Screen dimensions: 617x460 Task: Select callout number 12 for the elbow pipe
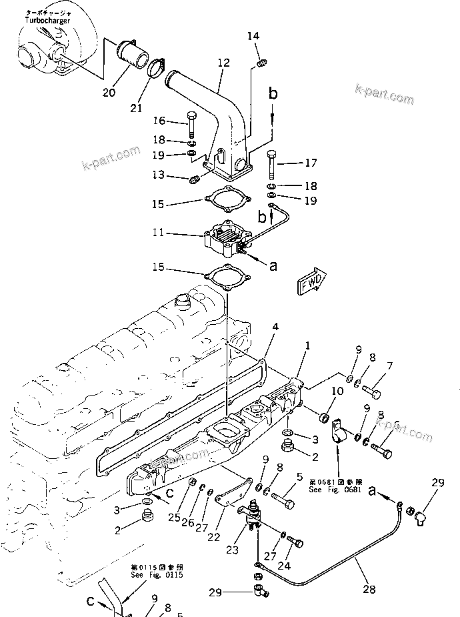tap(223, 63)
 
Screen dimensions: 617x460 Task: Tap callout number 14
tap(253, 35)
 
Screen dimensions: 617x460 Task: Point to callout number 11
tap(159, 233)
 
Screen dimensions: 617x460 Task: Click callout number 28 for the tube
tap(369, 590)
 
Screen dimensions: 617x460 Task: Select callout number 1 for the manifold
tap(307, 346)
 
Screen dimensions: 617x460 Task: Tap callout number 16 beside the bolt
tap(159, 121)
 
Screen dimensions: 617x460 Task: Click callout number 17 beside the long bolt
tap(311, 162)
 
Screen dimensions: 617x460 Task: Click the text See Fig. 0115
tap(157, 575)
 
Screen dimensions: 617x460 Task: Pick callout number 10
tap(337, 391)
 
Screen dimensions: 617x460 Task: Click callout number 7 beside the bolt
tap(390, 366)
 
